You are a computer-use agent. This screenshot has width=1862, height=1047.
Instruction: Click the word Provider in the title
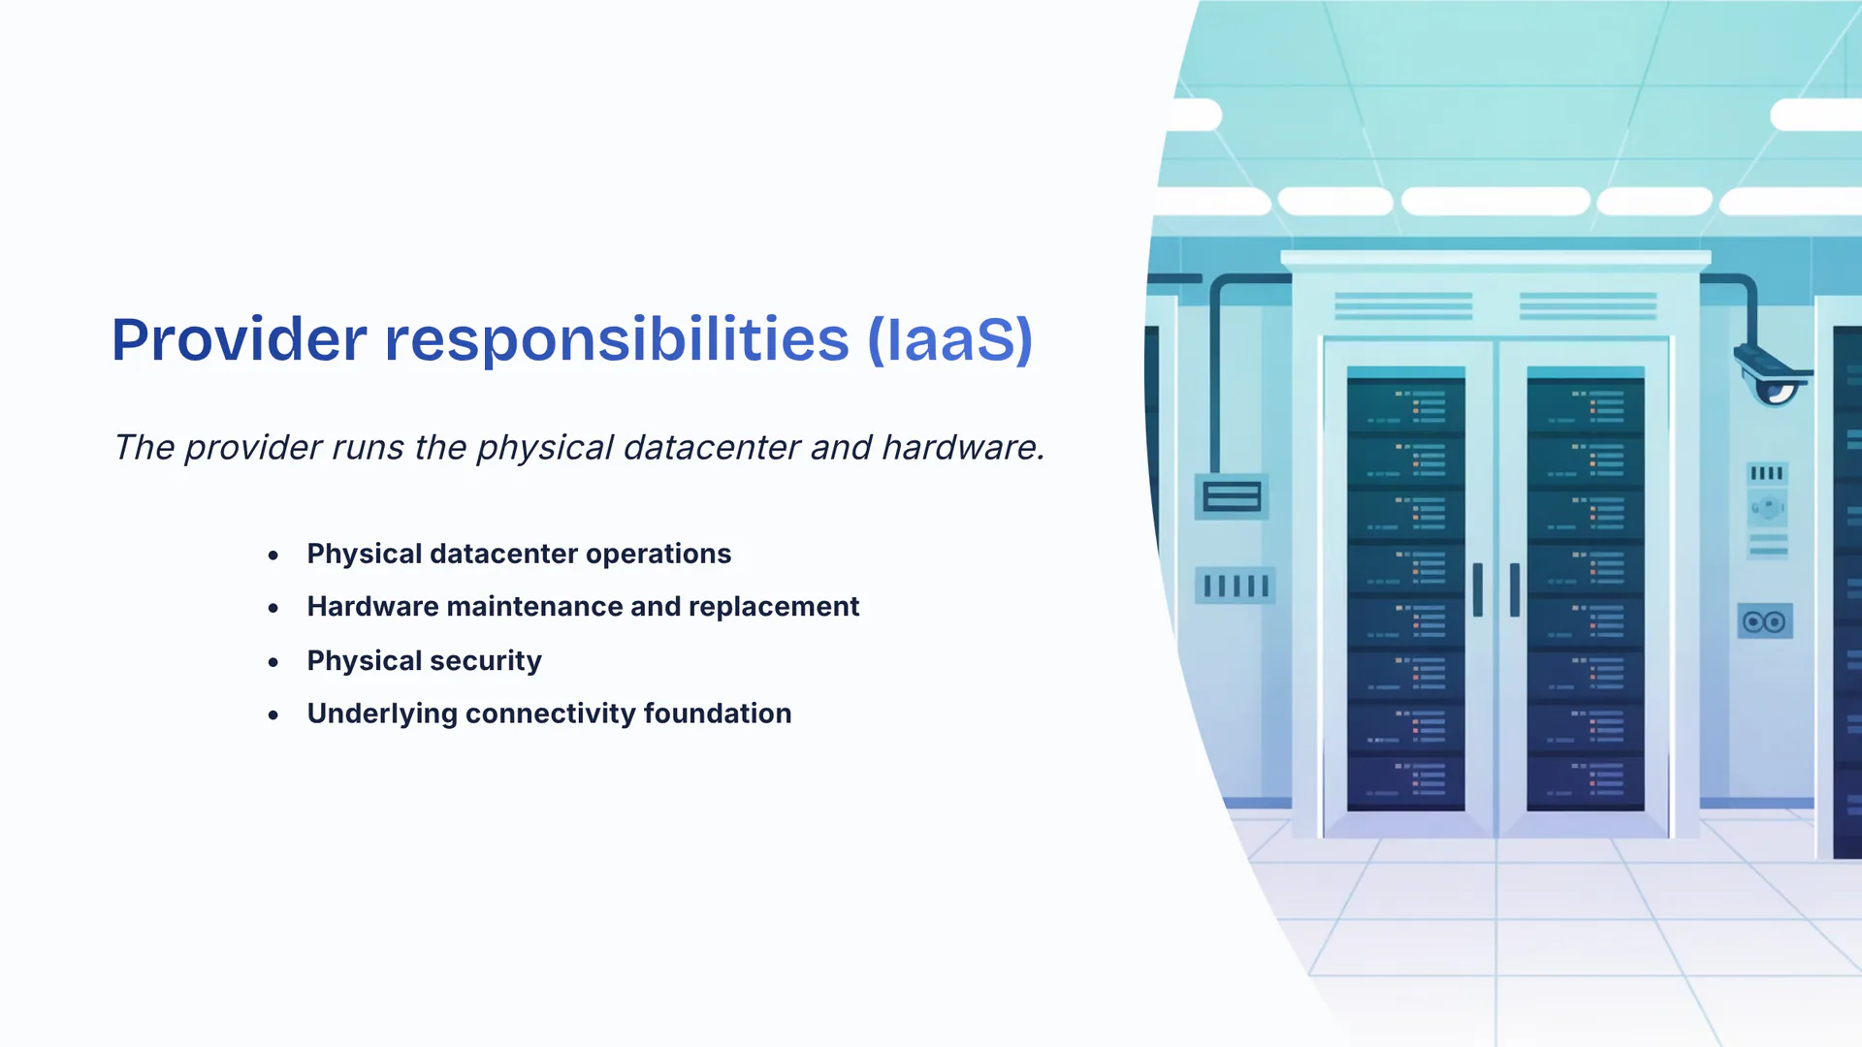[240, 339]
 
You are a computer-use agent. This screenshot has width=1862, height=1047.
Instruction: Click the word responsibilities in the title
[617, 339]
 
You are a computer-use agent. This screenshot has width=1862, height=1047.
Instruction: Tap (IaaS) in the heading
[950, 340]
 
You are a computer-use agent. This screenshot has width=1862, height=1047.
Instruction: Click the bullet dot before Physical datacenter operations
[273, 555]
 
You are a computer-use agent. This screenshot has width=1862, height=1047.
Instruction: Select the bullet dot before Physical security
[273, 662]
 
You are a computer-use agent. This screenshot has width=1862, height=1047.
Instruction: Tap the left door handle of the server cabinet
[1478, 589]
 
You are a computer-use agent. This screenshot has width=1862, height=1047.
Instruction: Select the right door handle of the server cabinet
[1515, 589]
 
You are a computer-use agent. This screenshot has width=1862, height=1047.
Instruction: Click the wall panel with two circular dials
[1765, 621]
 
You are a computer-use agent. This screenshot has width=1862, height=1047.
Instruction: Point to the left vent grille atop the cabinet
[1403, 305]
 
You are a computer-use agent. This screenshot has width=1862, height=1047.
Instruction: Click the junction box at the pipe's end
[1232, 496]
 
